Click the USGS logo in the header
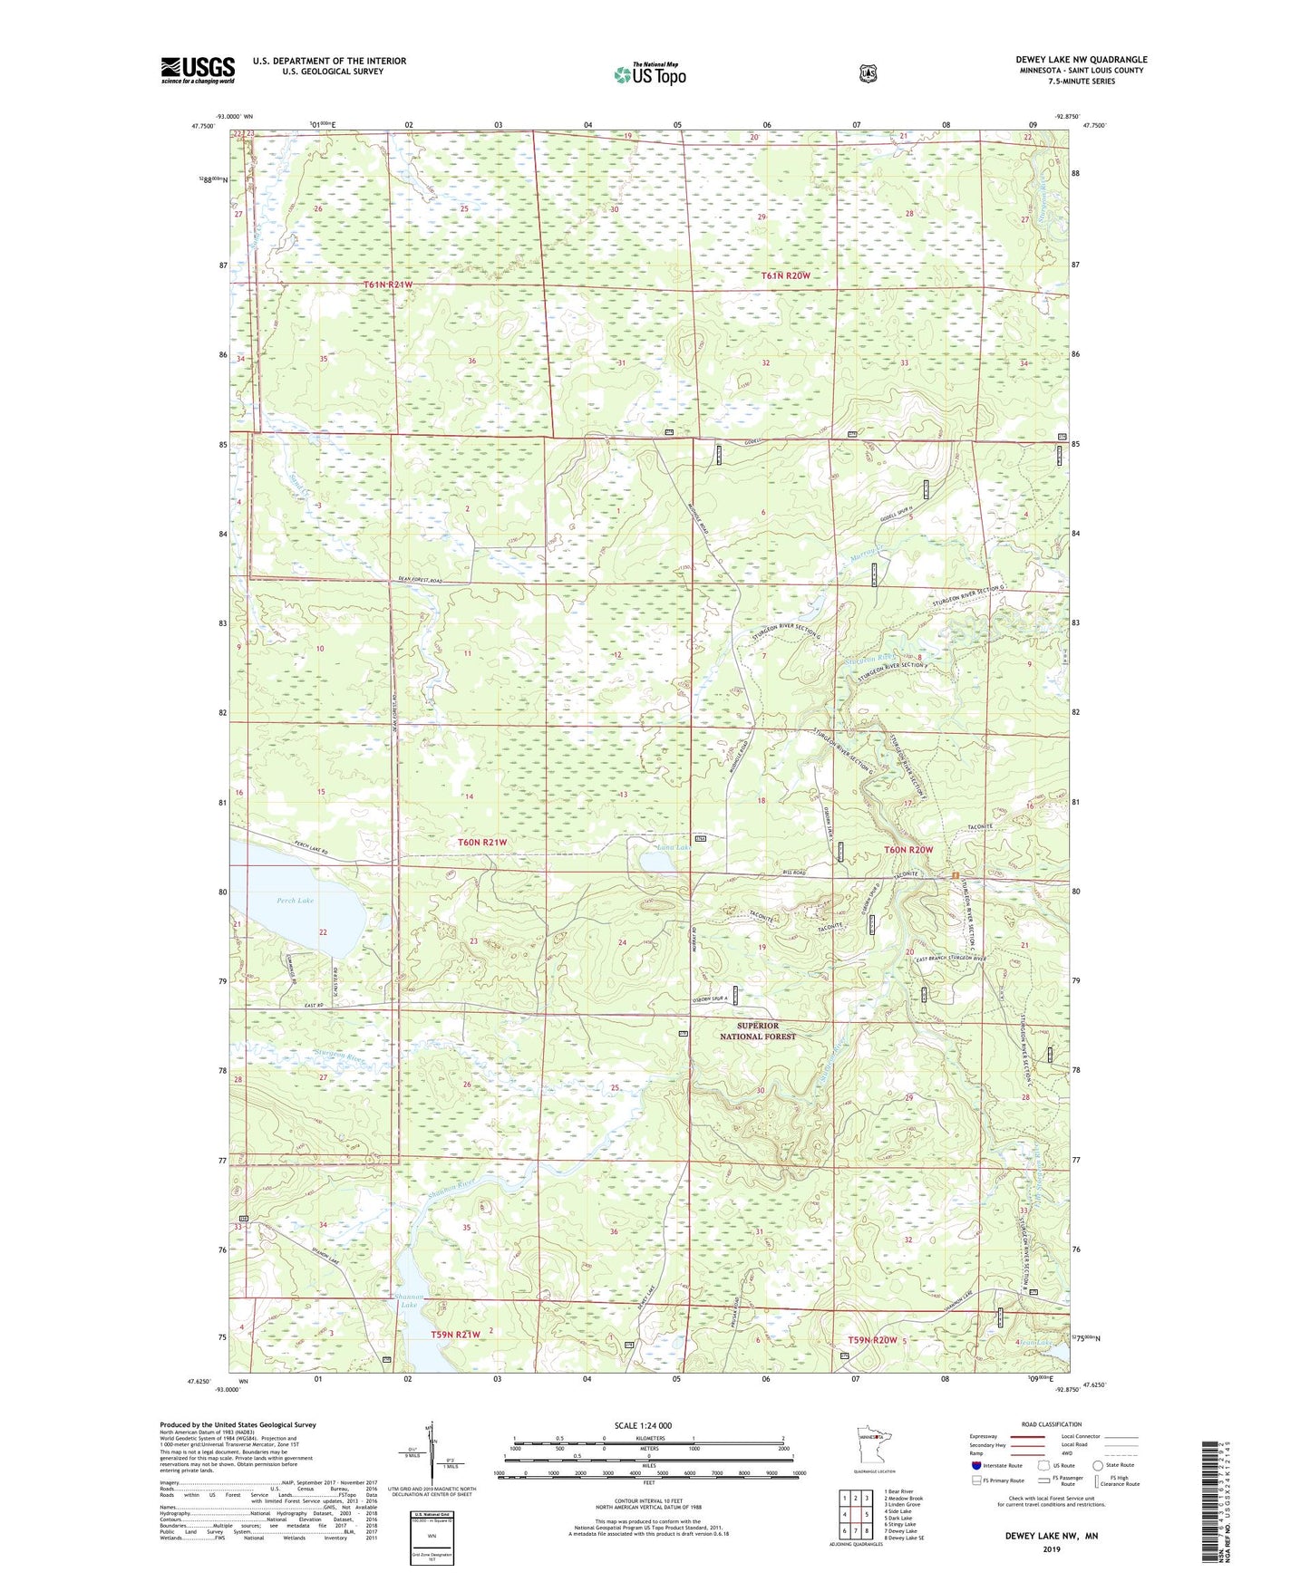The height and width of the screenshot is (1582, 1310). click(x=198, y=70)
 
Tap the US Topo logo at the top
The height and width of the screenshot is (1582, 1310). click(x=649, y=73)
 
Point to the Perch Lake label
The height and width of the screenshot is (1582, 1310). click(x=295, y=901)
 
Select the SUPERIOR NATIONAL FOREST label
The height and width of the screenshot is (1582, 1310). click(x=759, y=1031)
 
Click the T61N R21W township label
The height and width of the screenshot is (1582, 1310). click(x=388, y=285)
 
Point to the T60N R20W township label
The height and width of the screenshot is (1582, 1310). click(x=908, y=850)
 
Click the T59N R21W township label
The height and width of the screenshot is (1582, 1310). click(x=455, y=1335)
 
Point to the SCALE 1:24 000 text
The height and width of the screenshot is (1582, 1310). click(x=643, y=1425)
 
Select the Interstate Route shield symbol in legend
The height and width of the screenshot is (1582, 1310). click(x=975, y=1464)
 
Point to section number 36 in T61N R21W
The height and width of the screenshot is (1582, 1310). click(x=471, y=362)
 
